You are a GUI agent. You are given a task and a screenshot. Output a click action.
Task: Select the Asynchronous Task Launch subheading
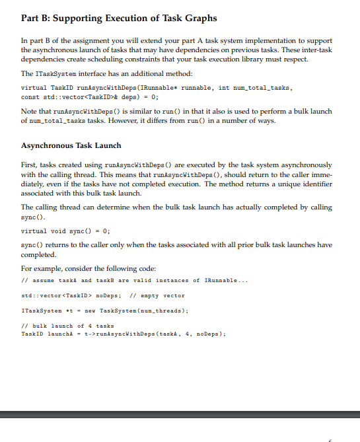pos(71,145)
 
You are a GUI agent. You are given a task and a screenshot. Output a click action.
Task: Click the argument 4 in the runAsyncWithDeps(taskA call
pos(174,334)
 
